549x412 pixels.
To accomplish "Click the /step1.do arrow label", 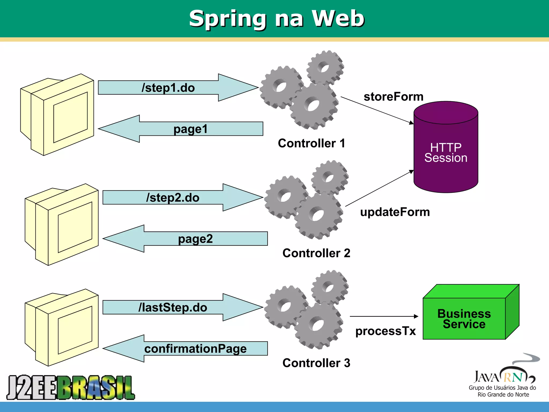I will (x=168, y=88).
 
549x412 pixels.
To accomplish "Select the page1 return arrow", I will (x=190, y=129).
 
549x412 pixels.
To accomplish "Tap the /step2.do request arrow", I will (x=173, y=198).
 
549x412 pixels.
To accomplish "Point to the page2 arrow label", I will (x=195, y=239).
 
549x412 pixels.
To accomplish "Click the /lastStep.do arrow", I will (x=173, y=307).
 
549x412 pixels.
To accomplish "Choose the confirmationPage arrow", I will (x=195, y=349).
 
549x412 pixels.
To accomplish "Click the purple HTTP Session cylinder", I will (x=446, y=150).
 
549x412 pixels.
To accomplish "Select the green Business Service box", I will (x=464, y=318).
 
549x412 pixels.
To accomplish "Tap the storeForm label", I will (x=393, y=97).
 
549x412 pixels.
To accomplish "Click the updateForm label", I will (x=395, y=212).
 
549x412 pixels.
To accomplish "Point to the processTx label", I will (x=385, y=331).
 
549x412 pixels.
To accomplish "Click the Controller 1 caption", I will (x=311, y=143).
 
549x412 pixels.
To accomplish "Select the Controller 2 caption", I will (x=316, y=253).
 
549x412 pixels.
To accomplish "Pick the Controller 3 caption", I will (x=316, y=363).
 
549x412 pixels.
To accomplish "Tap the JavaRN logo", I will (x=503, y=378).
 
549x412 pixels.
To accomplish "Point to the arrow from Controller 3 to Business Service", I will (x=384, y=317).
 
